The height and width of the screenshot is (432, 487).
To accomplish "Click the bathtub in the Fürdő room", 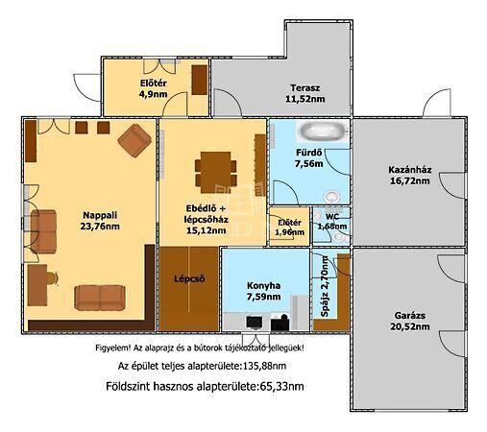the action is (323, 132).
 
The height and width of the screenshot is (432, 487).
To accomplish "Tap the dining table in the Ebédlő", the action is (215, 172).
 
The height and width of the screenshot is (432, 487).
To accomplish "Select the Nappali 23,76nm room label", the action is (100, 221).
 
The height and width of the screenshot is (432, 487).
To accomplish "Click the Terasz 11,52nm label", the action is (304, 93).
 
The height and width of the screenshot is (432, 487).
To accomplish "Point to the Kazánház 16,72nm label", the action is (410, 175).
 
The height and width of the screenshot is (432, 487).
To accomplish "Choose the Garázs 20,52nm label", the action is (410, 321).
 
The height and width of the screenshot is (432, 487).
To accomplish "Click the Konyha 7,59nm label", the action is (263, 291).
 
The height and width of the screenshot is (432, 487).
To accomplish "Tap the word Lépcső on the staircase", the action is (189, 278).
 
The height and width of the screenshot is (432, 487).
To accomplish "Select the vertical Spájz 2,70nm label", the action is (325, 286).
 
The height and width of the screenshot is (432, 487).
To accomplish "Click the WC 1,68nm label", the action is (332, 222).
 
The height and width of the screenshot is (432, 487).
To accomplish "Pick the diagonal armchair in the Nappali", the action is (134, 140).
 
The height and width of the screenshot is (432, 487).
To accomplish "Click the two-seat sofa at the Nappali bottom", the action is (100, 298).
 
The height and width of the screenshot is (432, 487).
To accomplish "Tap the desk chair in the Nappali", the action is (53, 278).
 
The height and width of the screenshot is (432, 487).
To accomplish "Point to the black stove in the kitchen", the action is (280, 323).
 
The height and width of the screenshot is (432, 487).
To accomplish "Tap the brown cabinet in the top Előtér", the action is (200, 80).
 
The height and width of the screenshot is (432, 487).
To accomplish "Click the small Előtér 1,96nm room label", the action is (289, 228).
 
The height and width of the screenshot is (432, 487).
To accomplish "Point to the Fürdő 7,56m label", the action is (309, 158).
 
